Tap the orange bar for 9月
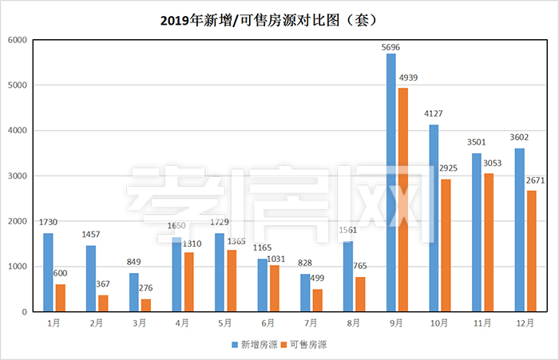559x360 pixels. pyautogui.click(x=403, y=200)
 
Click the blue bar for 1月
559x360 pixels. pyautogui.click(x=48, y=272)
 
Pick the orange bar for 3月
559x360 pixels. pyautogui.click(x=146, y=305)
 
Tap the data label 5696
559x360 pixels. pyautogui.click(x=391, y=47)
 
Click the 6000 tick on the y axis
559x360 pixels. pyautogui.click(x=17, y=40)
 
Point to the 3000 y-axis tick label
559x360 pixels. pyautogui.click(x=17, y=176)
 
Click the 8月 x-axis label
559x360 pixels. pyautogui.click(x=354, y=323)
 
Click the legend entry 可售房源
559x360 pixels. pyautogui.click(x=307, y=345)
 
